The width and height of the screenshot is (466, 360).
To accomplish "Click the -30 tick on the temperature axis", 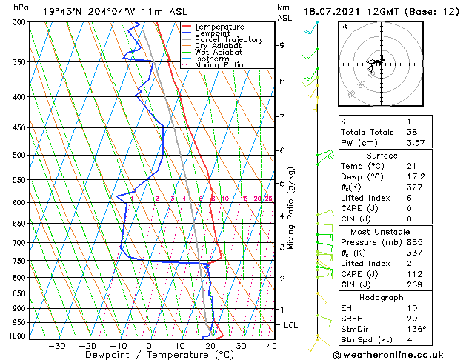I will pos(57,345).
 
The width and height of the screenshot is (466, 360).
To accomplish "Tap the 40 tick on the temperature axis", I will pos(271,345).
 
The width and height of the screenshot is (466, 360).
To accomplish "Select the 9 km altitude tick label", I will pos(282,45).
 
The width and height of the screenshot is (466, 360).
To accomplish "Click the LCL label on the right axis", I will pos(291,325).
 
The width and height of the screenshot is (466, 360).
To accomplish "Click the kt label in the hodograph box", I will pos(344,26).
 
